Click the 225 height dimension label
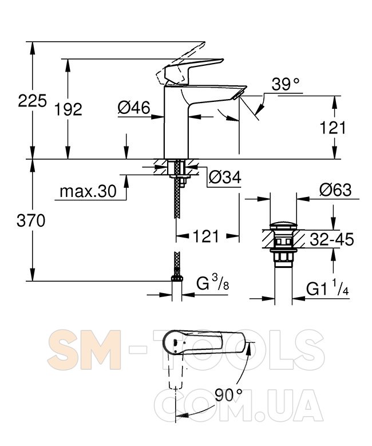tap(32, 101)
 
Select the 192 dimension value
tap(68, 109)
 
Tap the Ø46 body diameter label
tap(134, 108)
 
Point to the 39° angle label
tap(285, 85)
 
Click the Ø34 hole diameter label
tap(225, 177)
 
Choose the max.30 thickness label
tap(88, 191)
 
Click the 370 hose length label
tap(31, 220)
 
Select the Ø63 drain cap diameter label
tap(335, 190)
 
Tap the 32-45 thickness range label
tap(331, 239)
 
